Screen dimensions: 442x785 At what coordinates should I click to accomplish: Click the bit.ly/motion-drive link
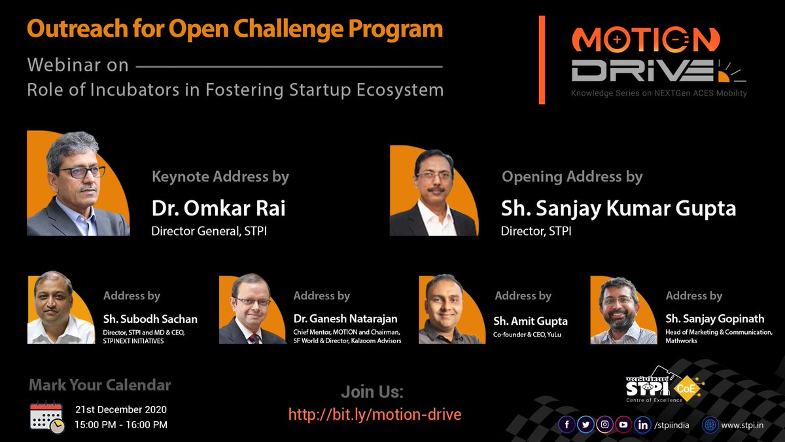pos(375,414)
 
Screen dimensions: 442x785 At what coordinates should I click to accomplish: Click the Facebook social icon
pos(567,424)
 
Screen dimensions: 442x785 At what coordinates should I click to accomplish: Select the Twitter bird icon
pos(586,424)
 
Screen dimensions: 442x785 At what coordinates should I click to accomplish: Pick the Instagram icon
pos(606,424)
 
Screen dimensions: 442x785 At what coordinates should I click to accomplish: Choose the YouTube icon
pos(625,424)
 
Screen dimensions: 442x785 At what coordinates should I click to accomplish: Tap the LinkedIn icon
pos(644,424)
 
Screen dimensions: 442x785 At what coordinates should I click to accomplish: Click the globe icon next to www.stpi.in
pos(710,425)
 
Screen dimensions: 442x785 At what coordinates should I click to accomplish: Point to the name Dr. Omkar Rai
pos(218,208)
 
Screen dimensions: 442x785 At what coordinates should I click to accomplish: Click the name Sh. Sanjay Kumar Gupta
pos(618,208)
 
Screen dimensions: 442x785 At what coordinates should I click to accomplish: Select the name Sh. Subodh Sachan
pos(150,320)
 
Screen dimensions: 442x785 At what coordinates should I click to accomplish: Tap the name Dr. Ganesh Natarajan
pos(345,319)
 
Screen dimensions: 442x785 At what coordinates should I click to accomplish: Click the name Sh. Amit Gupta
pos(531,321)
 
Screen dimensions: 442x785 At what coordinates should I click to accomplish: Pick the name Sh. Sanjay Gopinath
pos(714,319)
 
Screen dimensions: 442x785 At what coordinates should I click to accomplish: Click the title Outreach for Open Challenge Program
pos(235,29)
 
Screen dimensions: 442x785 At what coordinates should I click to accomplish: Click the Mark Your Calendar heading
pos(100,385)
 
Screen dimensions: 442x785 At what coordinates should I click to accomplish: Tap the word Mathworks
pos(681,341)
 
